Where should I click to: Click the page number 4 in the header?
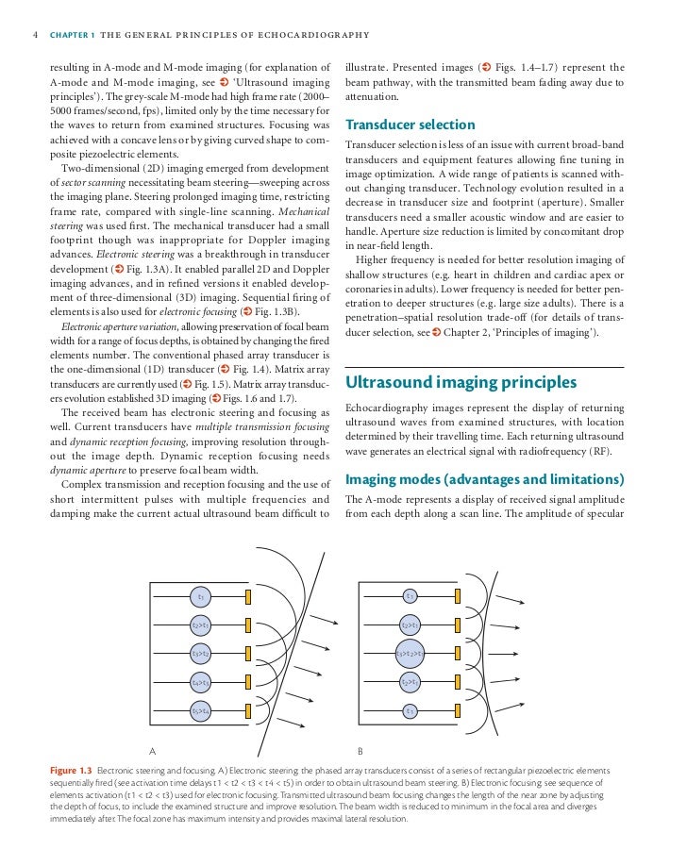click(x=35, y=37)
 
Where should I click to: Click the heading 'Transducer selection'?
click(x=410, y=125)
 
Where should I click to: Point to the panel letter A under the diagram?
click(x=152, y=751)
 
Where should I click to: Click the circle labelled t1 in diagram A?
click(x=200, y=596)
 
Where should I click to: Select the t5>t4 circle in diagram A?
click(x=200, y=710)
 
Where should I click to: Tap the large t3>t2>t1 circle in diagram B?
click(x=410, y=652)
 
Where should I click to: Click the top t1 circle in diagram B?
click(x=410, y=595)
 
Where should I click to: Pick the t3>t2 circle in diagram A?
click(x=200, y=653)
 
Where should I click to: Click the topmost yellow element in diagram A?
click(x=248, y=596)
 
